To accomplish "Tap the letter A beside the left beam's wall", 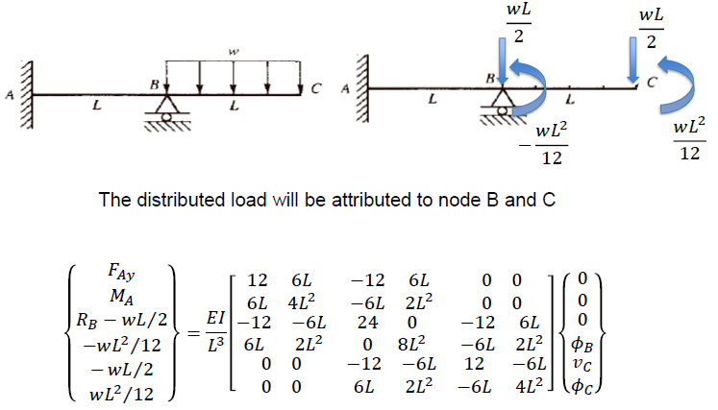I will (8, 94).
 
